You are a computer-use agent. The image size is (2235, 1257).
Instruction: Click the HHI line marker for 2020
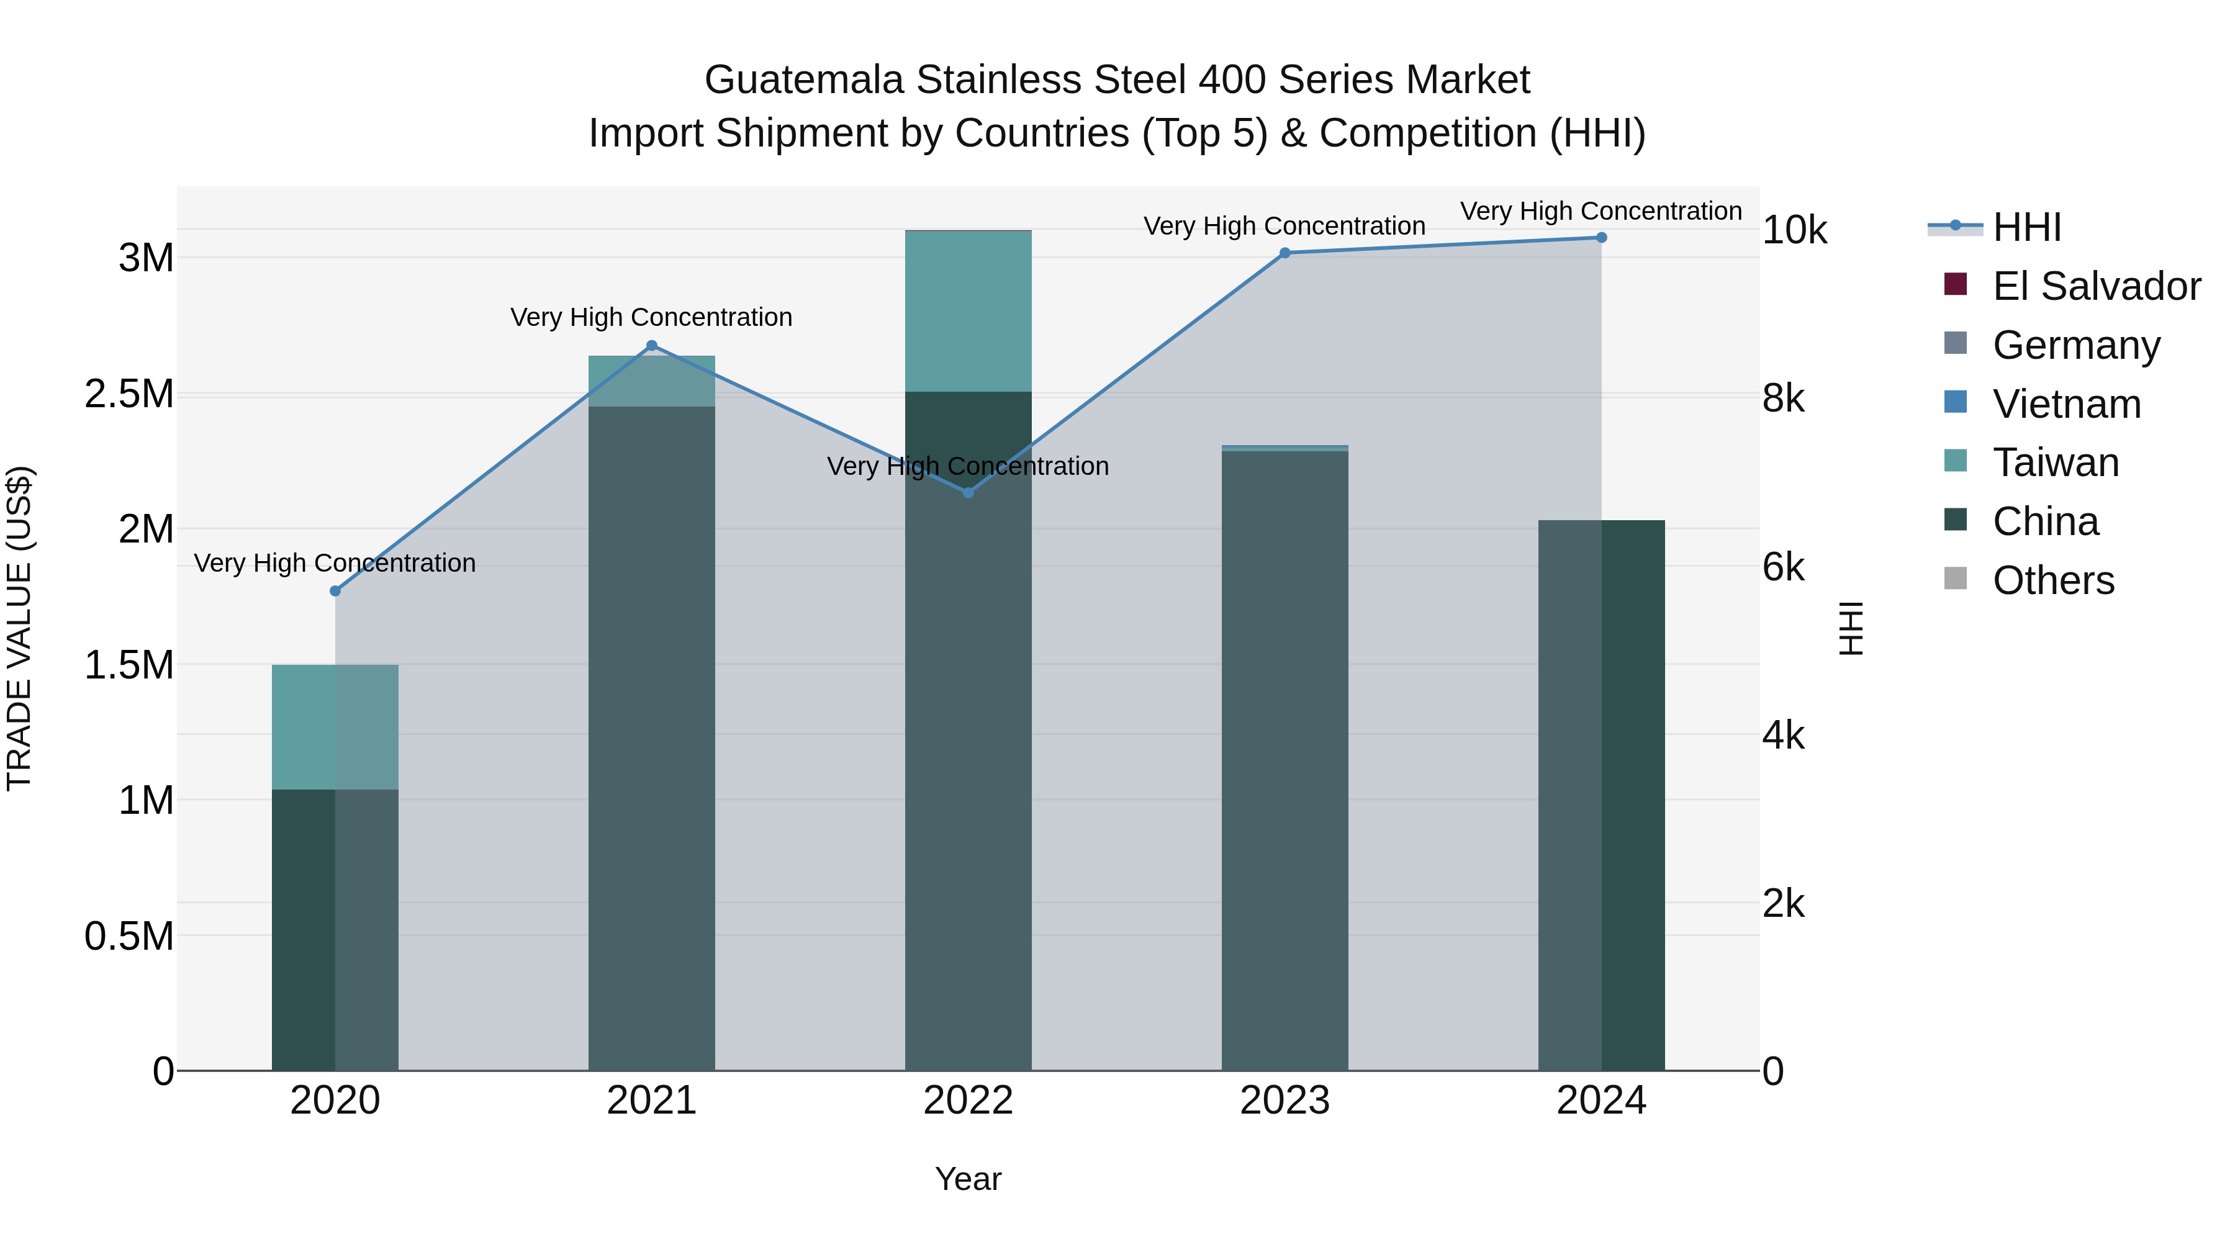336,591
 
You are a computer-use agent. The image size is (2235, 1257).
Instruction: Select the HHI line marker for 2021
652,345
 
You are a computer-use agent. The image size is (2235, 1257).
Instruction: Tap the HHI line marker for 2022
969,493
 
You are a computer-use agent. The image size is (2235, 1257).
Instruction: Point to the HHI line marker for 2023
1285,253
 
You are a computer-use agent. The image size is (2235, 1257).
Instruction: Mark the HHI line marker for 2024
1602,238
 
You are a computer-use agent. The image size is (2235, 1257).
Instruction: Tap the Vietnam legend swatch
1956,402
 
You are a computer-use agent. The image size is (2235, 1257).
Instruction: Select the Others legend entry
2053,580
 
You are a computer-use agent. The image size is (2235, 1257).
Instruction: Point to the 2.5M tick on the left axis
129,394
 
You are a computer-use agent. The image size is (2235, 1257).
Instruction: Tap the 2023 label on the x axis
1285,1101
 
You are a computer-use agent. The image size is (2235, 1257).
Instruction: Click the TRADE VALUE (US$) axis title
19,628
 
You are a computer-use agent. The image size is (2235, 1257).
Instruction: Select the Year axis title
968,1179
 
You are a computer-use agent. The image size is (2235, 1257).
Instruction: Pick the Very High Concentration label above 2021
652,317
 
